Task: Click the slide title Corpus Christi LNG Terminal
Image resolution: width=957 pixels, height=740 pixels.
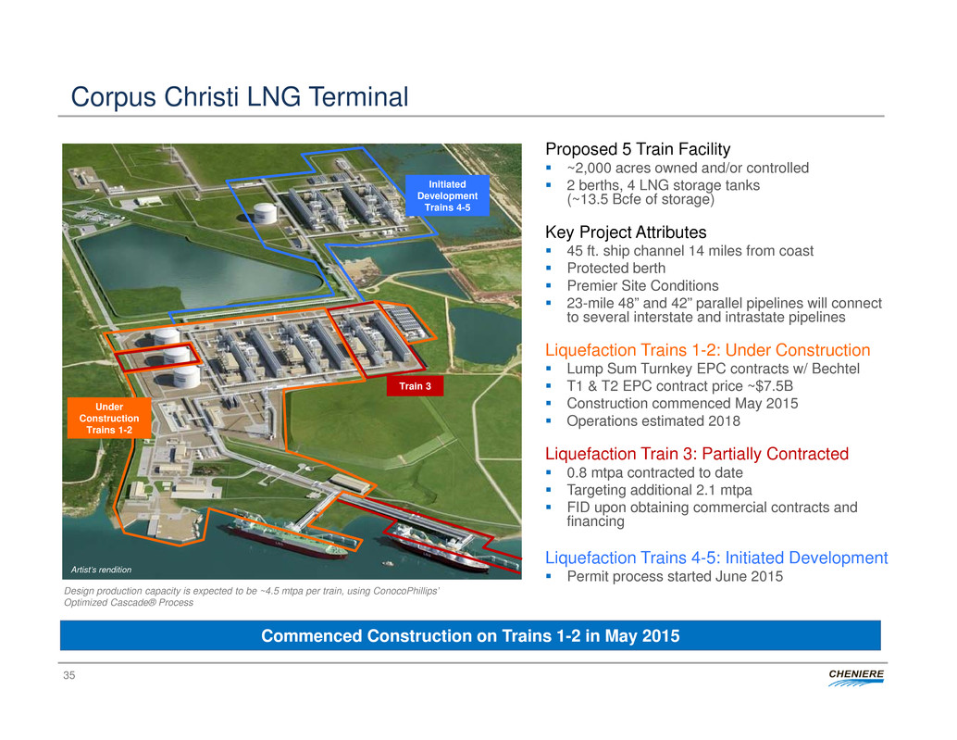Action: pos(239,96)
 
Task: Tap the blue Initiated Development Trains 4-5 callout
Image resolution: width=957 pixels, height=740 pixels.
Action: pos(447,195)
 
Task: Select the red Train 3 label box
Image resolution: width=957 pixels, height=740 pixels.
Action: pos(415,386)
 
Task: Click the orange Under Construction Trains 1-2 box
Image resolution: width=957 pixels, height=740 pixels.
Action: pos(109,419)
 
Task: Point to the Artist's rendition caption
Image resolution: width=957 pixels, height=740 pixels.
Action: pos(101,570)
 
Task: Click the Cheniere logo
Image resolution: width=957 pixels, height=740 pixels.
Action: pos(856,678)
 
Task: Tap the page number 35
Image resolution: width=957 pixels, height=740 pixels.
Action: pos(69,675)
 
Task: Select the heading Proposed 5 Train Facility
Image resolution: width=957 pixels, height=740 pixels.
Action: pos(638,149)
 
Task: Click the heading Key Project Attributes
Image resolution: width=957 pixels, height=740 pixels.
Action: pos(626,232)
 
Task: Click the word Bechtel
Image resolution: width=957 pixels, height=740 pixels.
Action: pos(836,369)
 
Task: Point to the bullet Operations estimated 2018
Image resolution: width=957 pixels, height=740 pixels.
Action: pos(653,420)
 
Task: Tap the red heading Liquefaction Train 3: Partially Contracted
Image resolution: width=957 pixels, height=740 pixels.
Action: pos(697,454)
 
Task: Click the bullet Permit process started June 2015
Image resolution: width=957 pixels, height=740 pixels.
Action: pos(675,576)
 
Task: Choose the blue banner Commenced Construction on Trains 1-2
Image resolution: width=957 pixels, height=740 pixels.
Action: pos(470,635)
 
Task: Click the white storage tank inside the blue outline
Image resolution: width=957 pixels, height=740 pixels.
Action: pos(265,212)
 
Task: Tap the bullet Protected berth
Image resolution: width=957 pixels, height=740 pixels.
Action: pos(615,268)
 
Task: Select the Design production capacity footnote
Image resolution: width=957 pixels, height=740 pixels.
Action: pos(252,596)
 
